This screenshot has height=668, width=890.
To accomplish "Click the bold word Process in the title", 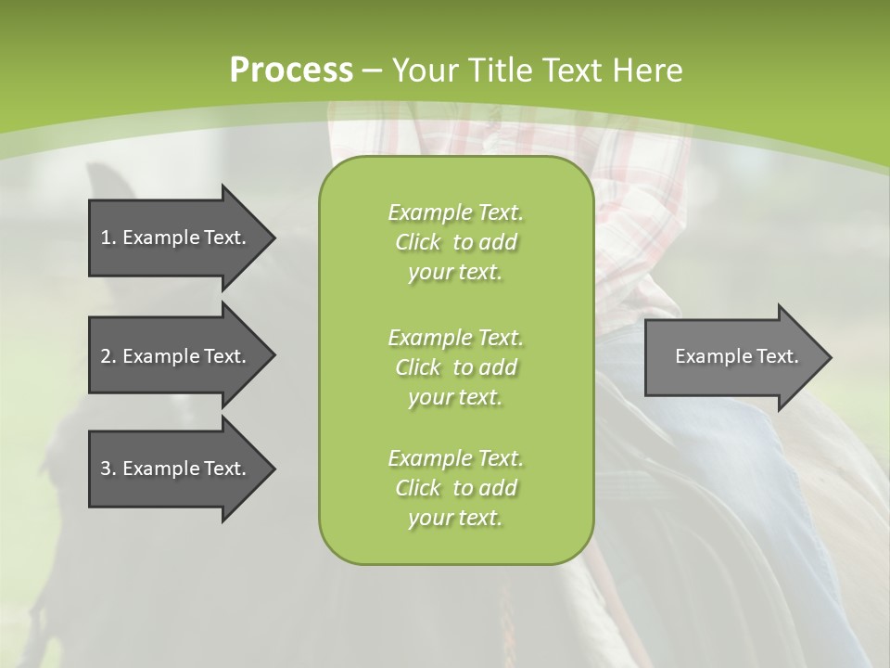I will point(291,71).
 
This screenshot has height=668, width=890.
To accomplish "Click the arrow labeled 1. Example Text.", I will point(176,238).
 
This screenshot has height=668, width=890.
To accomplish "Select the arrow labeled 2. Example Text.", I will point(176,356).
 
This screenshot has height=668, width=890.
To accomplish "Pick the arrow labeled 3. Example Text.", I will point(176,469).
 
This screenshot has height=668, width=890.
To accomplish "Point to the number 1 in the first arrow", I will point(105,238).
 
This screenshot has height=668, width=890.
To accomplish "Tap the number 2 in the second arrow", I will point(106,356).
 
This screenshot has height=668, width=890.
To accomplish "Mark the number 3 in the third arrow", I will point(106,469).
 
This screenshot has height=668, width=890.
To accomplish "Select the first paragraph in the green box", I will point(455,242).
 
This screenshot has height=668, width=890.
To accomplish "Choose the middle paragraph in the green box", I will point(455,367).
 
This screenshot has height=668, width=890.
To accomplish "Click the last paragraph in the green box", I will point(455,488).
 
